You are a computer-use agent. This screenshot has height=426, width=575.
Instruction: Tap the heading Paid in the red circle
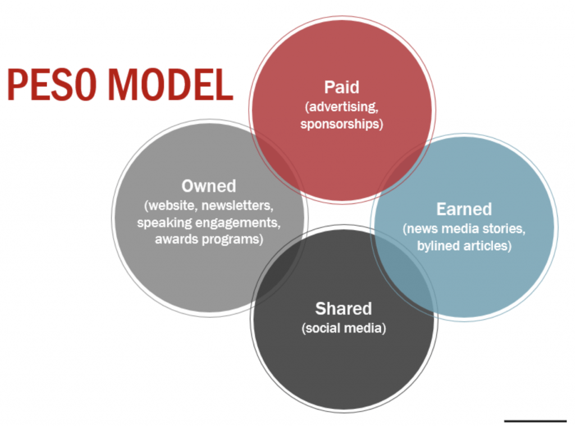[x=341, y=87]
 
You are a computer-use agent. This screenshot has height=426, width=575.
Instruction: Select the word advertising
[x=343, y=106]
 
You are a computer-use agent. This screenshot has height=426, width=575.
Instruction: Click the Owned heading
[x=209, y=186]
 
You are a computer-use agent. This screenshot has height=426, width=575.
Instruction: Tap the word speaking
[x=164, y=222]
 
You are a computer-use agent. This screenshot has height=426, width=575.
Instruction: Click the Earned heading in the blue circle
[x=464, y=210]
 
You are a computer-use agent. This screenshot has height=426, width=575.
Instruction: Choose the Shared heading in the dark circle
[x=344, y=309]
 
